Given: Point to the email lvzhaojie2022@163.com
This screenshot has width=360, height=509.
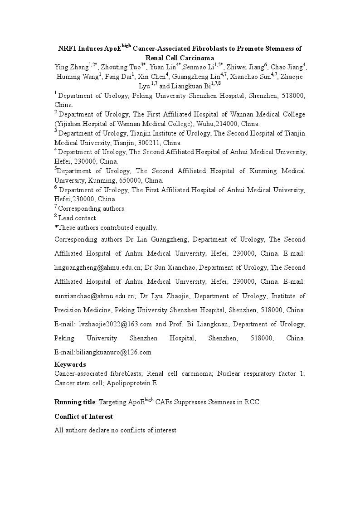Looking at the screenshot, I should [x=115, y=325].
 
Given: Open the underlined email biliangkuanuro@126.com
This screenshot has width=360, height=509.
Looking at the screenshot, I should [x=114, y=353].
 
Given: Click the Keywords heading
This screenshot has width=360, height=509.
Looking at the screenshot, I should [x=70, y=364].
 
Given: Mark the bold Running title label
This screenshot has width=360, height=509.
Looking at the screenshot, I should [x=75, y=402].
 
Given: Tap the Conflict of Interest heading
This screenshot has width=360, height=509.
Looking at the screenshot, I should [x=83, y=417].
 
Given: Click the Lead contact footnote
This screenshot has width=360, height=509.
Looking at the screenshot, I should [x=78, y=218].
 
